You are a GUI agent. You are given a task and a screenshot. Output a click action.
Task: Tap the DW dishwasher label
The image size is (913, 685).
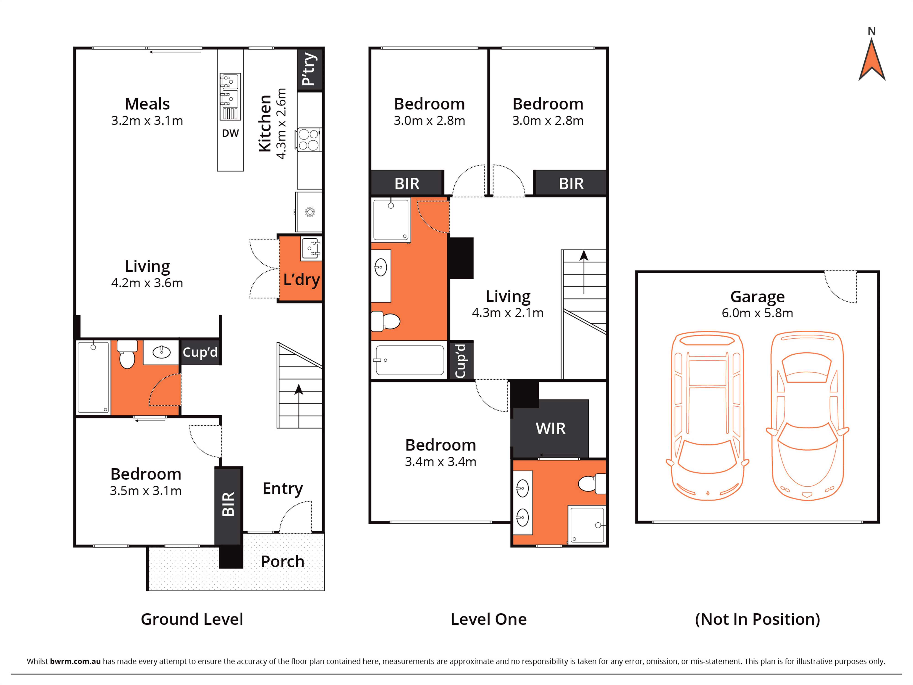coord(230,133)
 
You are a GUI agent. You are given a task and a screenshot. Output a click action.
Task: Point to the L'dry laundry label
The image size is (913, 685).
coord(301,280)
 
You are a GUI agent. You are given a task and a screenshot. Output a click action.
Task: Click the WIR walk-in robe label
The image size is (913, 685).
coord(551,429)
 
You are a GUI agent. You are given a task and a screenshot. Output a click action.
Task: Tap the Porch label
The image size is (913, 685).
coord(283,561)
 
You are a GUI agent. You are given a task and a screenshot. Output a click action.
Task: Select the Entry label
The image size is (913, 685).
coord(283,489)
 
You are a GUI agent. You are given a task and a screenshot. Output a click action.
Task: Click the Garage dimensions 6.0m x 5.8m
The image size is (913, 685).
coord(757,313)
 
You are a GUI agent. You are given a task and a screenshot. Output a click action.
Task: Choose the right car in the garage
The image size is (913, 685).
coord(807,416)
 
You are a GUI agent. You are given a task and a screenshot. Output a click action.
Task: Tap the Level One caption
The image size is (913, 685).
coord(489,619)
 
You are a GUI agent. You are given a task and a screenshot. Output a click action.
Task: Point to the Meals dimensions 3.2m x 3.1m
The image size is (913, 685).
coord(147,121)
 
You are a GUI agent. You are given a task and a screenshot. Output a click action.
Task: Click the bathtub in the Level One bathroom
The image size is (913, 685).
coord(409,360)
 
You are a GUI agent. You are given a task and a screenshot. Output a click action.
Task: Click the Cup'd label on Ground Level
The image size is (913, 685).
coord(200,352)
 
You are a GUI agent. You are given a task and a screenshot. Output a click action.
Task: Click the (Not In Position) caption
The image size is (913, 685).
coord(757,619)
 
